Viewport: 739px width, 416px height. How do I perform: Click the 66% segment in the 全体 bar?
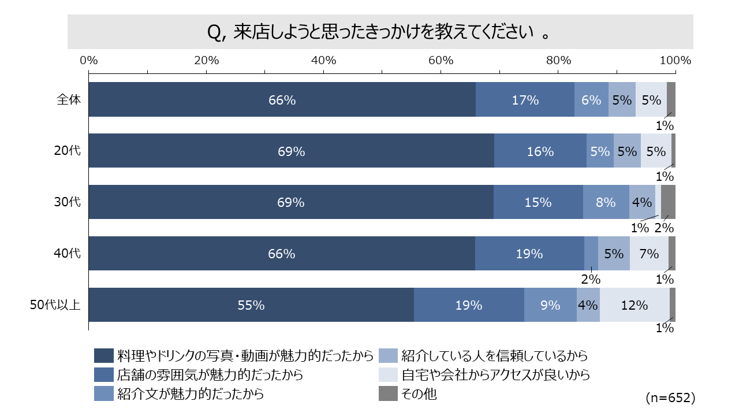tap(282, 100)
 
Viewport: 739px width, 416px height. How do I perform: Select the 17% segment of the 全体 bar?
tap(525, 100)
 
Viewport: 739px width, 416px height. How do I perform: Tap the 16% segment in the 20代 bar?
tap(540, 151)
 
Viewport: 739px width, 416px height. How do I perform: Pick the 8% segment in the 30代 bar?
tap(606, 203)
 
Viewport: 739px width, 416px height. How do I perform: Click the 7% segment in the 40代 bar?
tap(649, 254)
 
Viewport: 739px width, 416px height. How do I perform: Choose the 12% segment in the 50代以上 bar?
tap(635, 305)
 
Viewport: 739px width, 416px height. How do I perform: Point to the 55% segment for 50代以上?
tap(251, 305)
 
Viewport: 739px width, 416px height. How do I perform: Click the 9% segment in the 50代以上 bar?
tap(550, 305)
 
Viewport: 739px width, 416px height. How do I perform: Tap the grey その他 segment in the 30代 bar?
tap(668, 202)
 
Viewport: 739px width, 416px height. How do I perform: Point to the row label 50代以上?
tap(55, 305)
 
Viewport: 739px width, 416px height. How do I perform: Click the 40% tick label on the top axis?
tap(323, 60)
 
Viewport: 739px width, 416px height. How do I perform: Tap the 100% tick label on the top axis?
tap(675, 60)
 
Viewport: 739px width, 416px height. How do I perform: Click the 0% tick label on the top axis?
tap(89, 60)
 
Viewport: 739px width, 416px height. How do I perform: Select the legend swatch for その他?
tap(387, 394)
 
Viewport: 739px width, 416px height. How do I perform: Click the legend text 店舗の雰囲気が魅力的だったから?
tap(210, 374)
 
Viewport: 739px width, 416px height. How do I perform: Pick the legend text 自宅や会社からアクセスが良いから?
tap(495, 374)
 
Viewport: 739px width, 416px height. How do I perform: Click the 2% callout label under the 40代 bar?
tap(591, 279)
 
